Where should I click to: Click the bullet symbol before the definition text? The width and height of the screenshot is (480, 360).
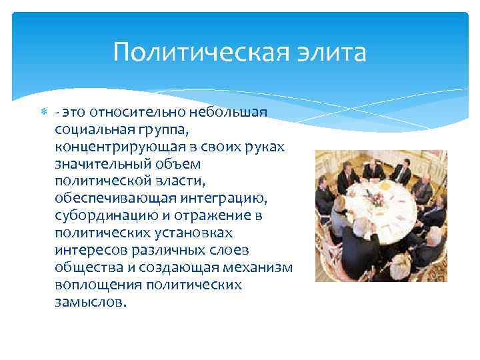[x=43, y=112]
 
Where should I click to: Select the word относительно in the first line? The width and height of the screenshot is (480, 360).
[x=143, y=112]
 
